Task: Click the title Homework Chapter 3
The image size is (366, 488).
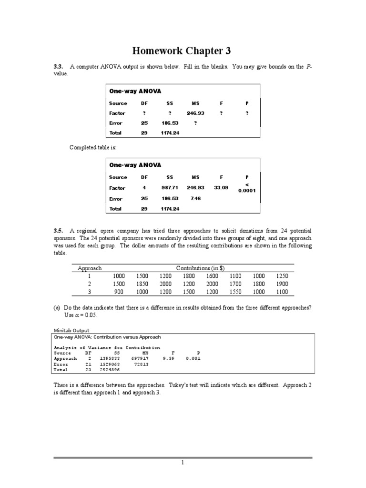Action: [183, 51]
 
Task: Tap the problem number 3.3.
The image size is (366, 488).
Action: [58, 67]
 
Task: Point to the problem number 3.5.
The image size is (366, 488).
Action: [58, 231]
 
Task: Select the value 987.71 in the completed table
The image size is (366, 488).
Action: [170, 188]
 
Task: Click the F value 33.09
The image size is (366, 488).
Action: [221, 188]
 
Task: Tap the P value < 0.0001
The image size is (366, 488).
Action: [247, 188]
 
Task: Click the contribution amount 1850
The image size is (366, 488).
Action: [142, 284]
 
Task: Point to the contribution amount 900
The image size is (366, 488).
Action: [119, 292]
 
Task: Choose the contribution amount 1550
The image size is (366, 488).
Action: [235, 292]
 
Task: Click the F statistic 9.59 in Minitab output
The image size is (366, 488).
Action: [168, 358]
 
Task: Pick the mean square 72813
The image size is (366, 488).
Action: [142, 364]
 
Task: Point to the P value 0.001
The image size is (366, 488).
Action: [193, 358]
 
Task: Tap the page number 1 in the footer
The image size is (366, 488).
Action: [183, 462]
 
